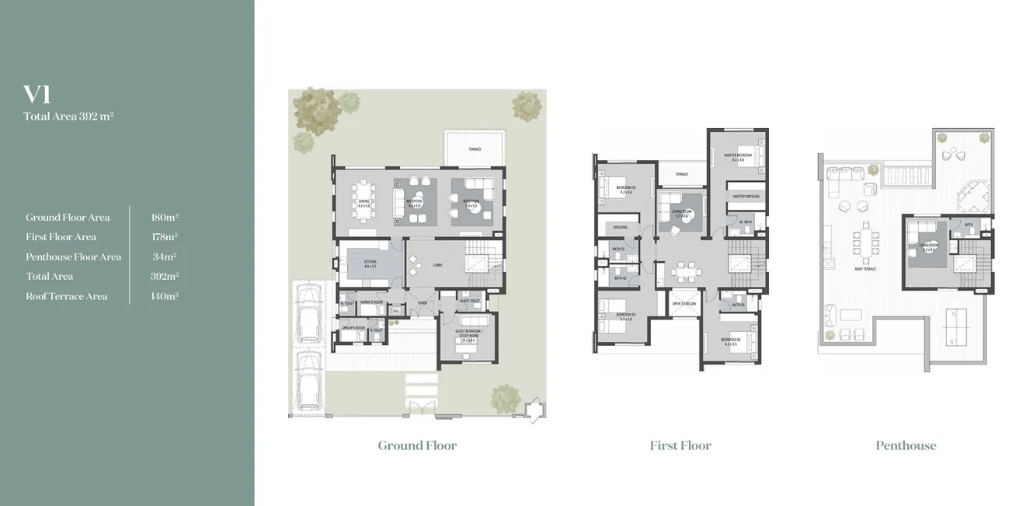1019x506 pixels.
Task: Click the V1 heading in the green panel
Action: click(37, 95)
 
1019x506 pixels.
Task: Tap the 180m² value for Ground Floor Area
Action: click(165, 218)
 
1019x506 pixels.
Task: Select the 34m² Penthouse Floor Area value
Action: click(165, 256)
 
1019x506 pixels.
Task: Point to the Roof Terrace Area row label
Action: click(67, 296)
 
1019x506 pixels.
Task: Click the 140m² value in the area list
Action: click(165, 296)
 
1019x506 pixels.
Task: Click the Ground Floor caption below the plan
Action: click(417, 445)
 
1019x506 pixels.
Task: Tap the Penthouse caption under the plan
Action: click(906, 445)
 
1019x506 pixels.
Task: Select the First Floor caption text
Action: click(680, 445)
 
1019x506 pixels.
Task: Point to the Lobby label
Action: click(438, 265)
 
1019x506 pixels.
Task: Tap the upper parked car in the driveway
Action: click(308, 312)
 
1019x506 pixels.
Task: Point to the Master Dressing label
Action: click(746, 197)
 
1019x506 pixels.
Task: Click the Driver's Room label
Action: click(353, 328)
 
